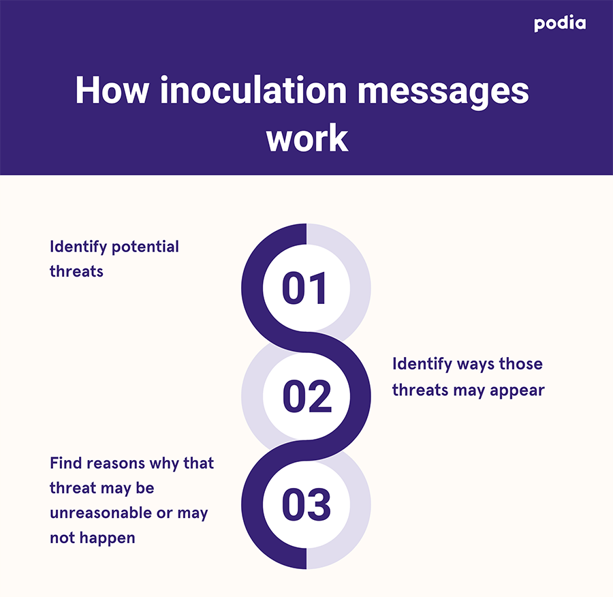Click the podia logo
(x=560, y=23)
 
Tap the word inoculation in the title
(x=253, y=91)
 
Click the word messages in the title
(x=443, y=93)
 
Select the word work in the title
(x=307, y=138)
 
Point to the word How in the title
(x=112, y=91)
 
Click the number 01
(x=304, y=288)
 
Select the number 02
(x=307, y=397)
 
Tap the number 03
(x=306, y=504)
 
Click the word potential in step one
(x=145, y=247)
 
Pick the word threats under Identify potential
(x=76, y=271)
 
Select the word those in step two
(x=521, y=363)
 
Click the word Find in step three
(x=65, y=463)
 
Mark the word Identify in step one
(x=78, y=247)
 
